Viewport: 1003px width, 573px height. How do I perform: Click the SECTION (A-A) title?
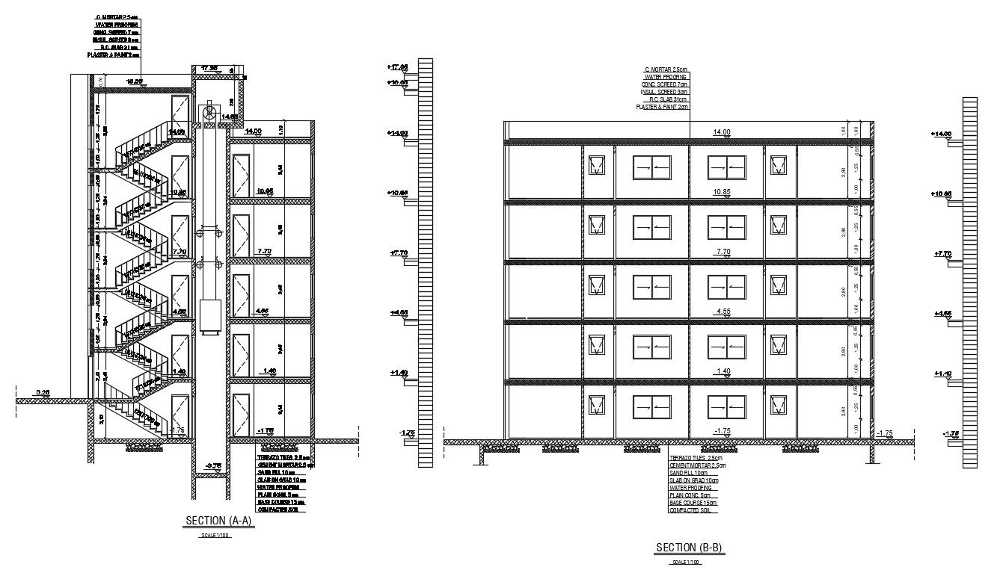click(x=219, y=521)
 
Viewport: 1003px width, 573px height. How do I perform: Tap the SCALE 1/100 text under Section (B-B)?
click(x=685, y=562)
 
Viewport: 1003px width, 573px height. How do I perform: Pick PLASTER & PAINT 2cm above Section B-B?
click(x=661, y=107)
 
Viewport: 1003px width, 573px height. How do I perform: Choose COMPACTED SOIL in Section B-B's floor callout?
click(x=693, y=510)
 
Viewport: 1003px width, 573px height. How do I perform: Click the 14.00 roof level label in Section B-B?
click(x=721, y=132)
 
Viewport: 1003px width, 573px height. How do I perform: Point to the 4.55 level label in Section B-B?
click(x=723, y=312)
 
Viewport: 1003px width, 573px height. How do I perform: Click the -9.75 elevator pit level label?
click(x=213, y=465)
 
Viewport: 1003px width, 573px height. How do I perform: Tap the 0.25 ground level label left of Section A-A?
click(x=43, y=392)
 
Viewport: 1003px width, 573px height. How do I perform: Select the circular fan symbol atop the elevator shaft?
click(x=210, y=114)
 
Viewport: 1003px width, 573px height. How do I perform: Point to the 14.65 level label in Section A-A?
click(x=229, y=117)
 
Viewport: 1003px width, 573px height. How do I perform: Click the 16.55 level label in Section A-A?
click(x=135, y=81)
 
